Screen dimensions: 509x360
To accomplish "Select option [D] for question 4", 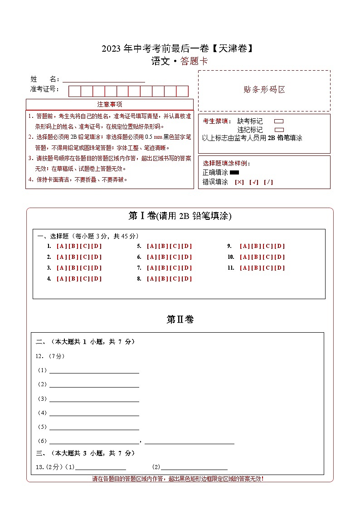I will pos(97,279).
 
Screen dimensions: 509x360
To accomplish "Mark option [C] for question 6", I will pos(175,257).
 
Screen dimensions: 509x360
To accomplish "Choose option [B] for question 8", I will pos(163,279).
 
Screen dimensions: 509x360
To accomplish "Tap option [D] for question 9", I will pos(280,246).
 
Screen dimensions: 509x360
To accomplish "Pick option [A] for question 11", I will pos(245,268).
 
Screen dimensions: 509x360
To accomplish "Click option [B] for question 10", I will pos(256,257).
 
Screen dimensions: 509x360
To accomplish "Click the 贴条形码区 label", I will pos(264,90).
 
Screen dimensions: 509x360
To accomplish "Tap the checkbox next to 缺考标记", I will pos(279,121).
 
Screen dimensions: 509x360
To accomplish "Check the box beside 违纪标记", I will pos(279,130).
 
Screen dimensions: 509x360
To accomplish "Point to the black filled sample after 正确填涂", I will pos(234,173).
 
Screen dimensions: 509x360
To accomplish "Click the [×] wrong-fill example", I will pos(239,182).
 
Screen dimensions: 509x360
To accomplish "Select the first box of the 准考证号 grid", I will pos(74,91).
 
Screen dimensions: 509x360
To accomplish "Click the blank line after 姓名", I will pos(103,80).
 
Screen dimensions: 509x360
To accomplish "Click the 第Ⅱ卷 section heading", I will pos(180,320).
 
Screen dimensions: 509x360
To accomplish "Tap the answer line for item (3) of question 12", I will pos(94,399).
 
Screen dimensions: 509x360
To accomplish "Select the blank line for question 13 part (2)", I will pos(194,467).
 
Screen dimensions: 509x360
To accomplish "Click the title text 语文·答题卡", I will pos(180,62).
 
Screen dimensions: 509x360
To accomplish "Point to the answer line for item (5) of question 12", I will pos(94,427).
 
